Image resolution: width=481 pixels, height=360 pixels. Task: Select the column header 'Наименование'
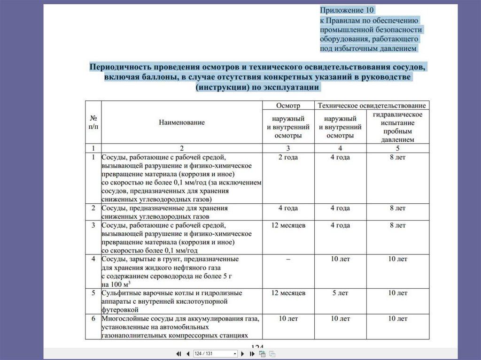(182, 123)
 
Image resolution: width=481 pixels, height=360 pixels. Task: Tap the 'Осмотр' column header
(288, 106)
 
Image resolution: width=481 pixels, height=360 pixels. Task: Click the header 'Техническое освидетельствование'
(372, 106)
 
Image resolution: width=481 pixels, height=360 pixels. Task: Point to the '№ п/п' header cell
(93, 123)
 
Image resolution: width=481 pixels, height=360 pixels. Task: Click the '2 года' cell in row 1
(288, 157)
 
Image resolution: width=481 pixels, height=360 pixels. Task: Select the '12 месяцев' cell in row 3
(288, 225)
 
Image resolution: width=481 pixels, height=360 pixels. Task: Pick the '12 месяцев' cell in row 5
(288, 293)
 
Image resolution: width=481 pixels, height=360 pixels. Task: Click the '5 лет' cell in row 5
(340, 293)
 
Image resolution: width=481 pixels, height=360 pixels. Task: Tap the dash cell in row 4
(288, 259)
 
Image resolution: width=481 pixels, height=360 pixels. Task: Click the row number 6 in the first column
(93, 319)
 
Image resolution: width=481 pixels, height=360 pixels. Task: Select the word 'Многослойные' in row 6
(123, 319)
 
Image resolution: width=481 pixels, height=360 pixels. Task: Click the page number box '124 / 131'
(215, 353)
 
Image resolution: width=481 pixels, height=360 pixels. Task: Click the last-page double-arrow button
(252, 353)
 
